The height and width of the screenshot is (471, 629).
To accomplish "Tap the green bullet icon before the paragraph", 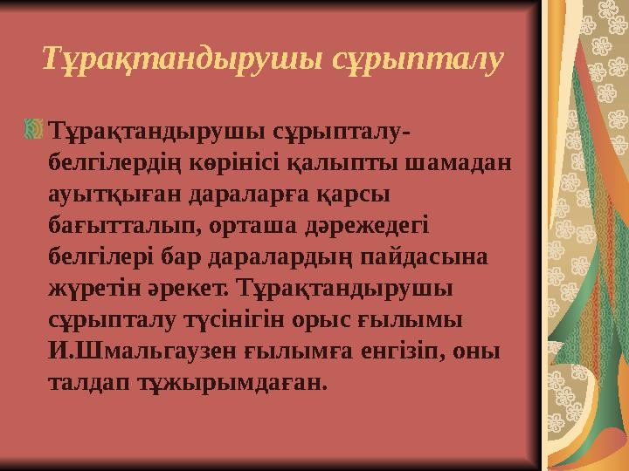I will pos(36,132).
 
